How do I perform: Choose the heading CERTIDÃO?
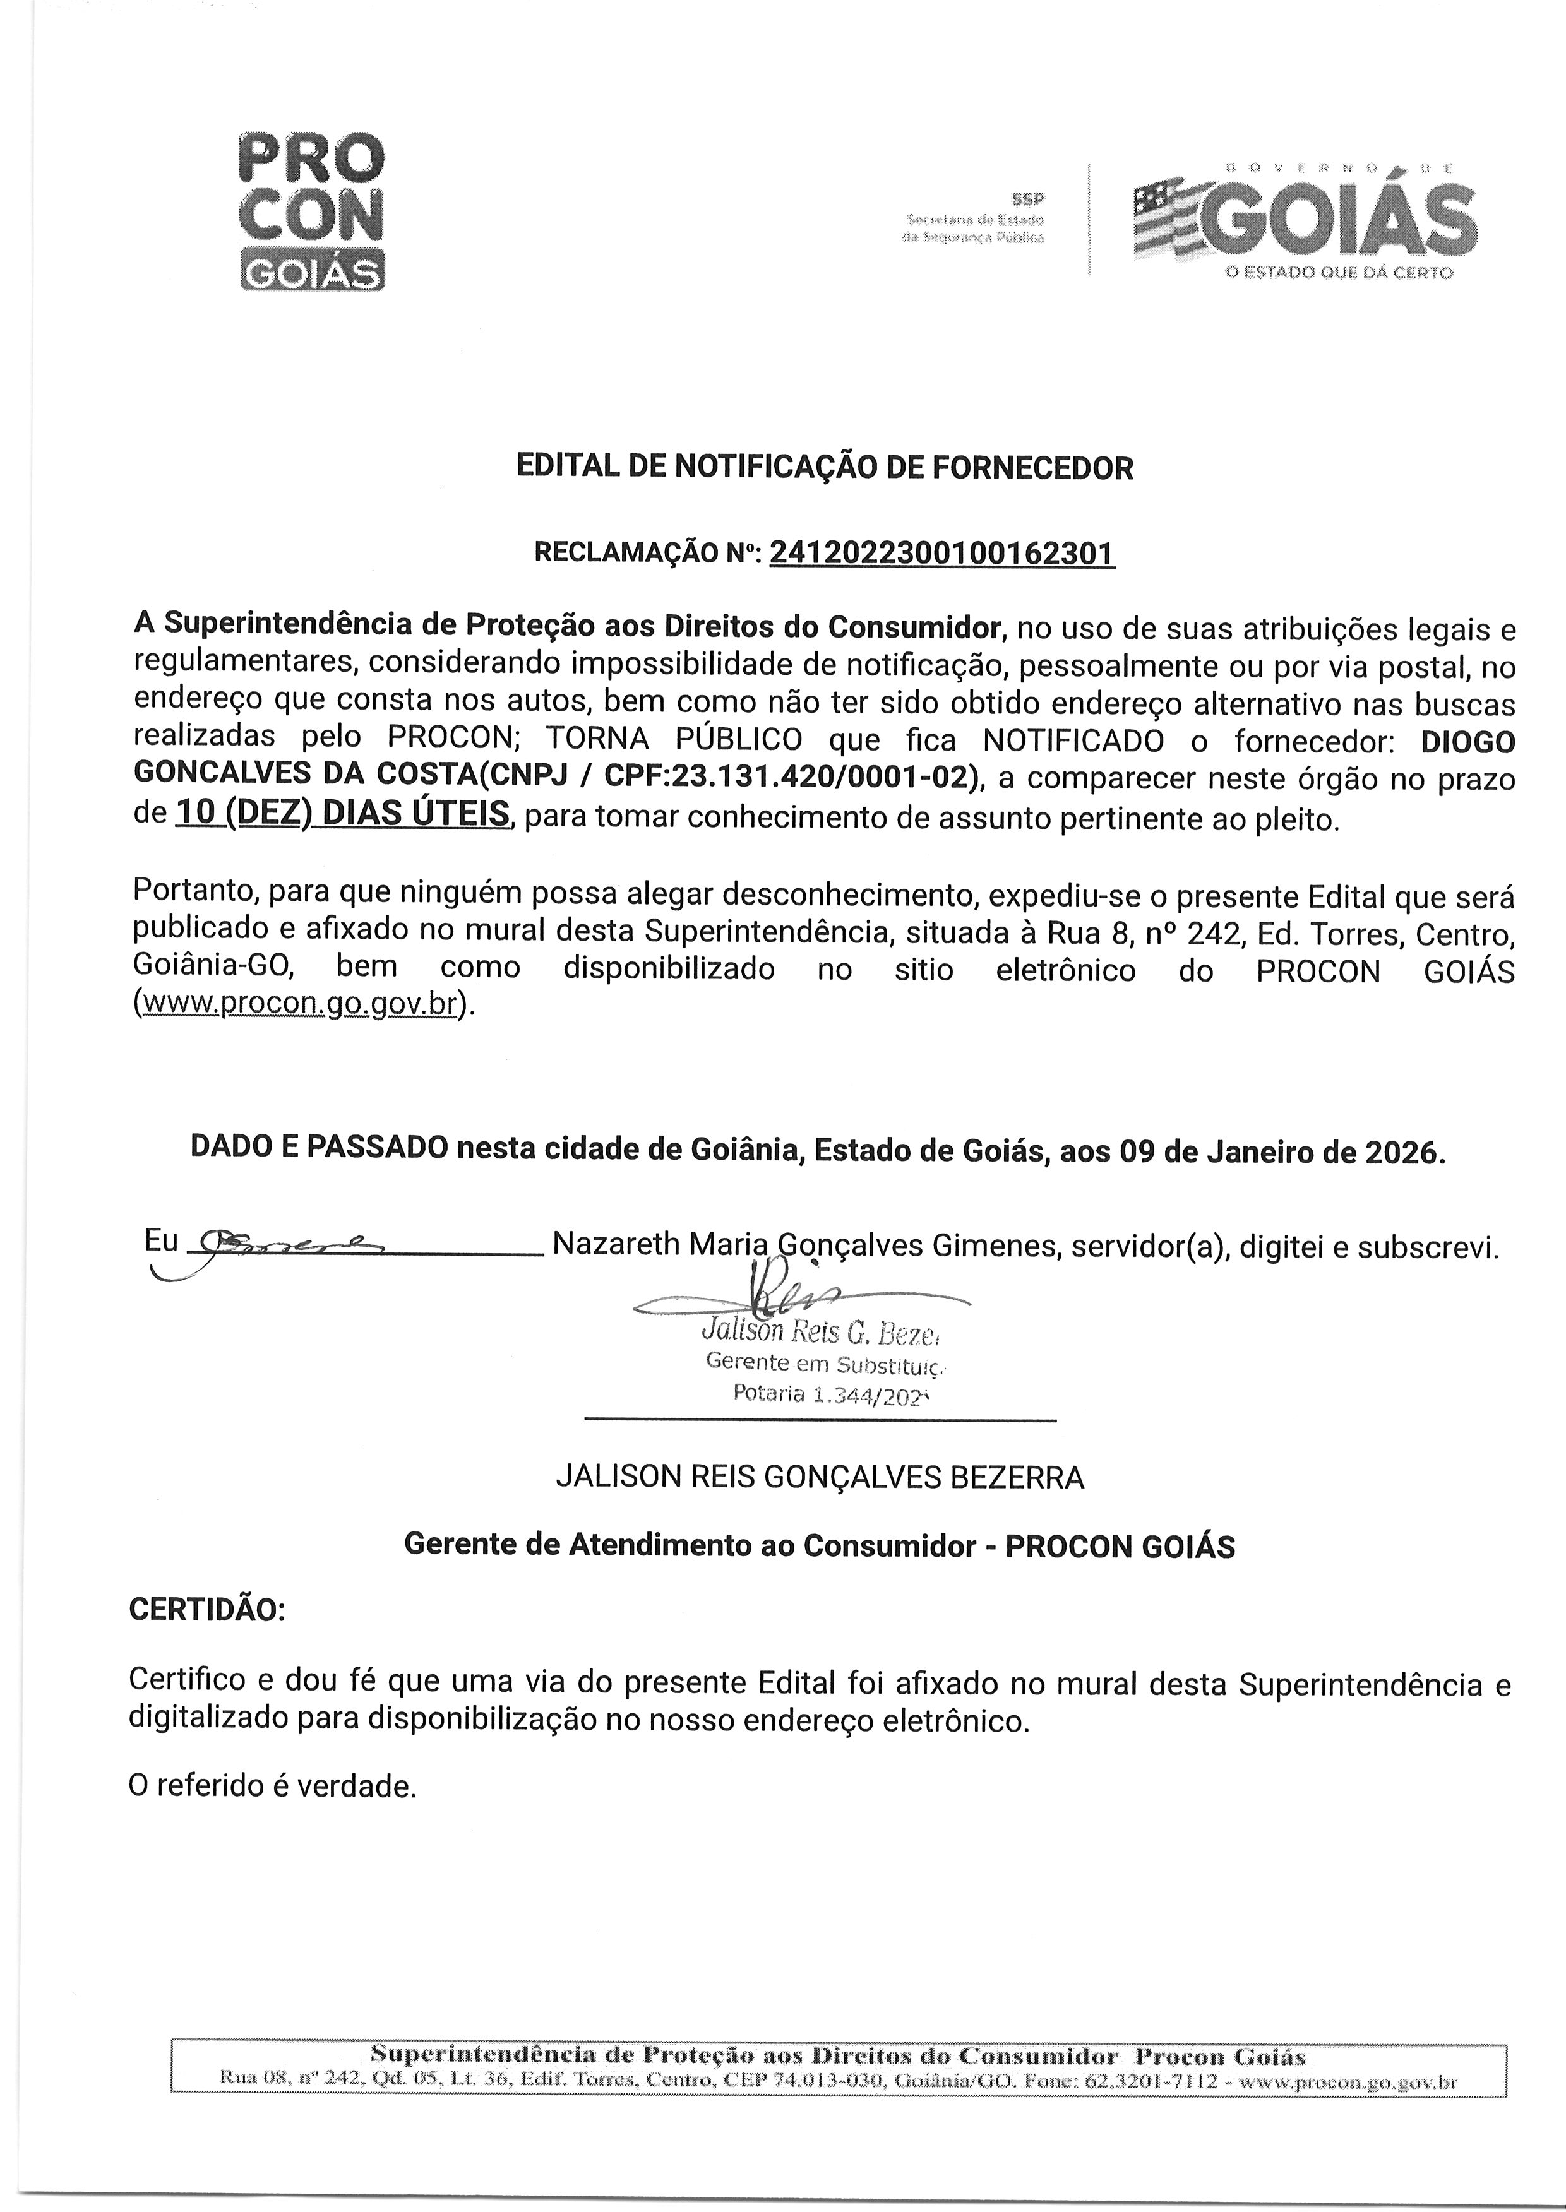pos(207,1610)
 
